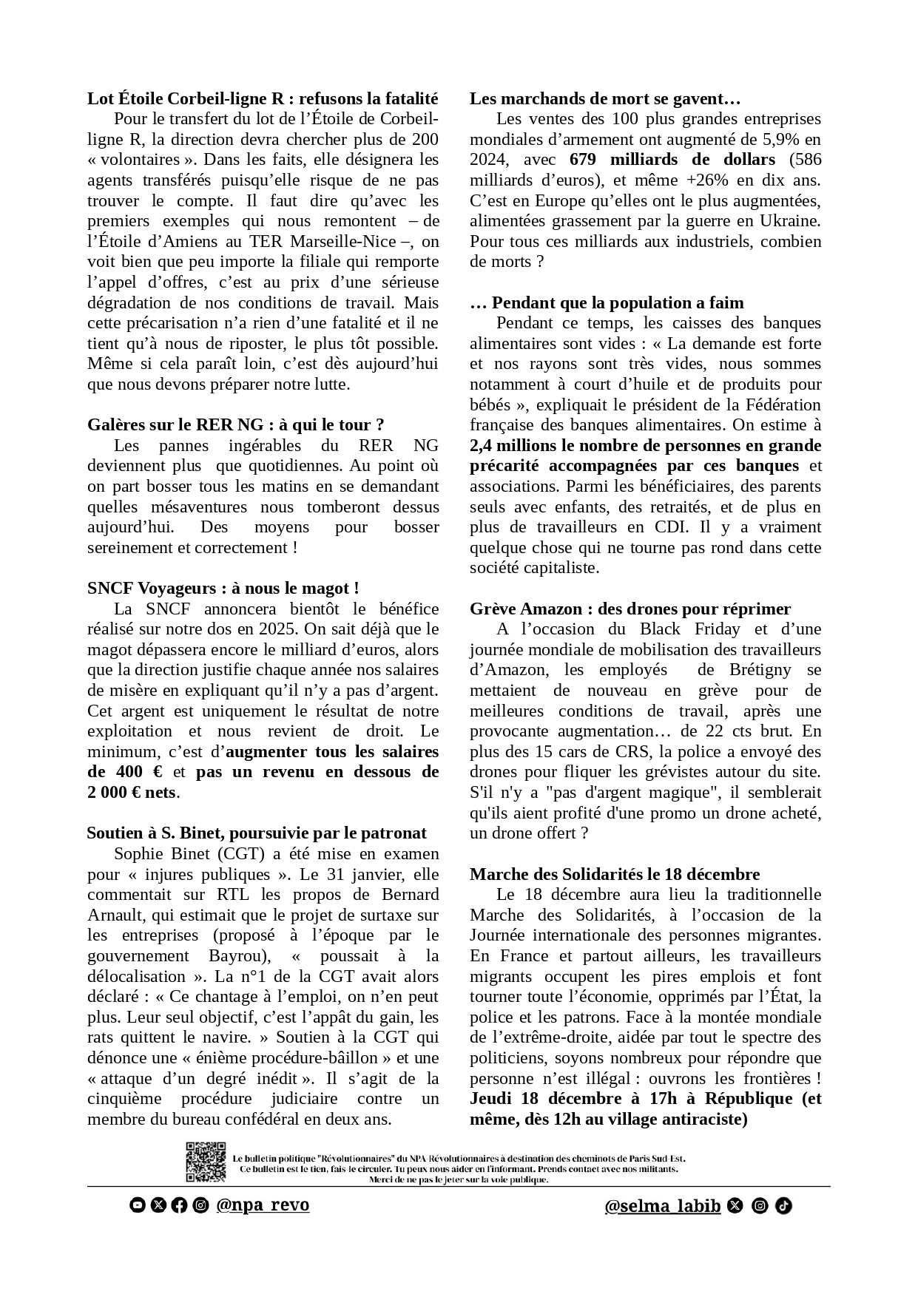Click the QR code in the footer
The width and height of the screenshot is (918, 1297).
tap(206, 1162)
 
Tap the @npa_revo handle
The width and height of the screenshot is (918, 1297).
tap(263, 1205)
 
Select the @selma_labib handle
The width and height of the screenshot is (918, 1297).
tap(663, 1206)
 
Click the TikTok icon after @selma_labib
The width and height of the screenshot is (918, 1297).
tap(784, 1206)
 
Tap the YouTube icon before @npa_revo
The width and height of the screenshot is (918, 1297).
tap(137, 1205)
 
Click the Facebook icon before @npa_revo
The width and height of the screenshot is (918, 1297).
tap(179, 1205)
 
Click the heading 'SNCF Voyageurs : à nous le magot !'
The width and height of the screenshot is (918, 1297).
tap(223, 589)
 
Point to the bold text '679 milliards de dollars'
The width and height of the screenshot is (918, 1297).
tap(672, 160)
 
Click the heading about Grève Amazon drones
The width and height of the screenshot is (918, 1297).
tap(630, 609)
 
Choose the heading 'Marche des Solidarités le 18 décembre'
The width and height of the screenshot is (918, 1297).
tap(615, 875)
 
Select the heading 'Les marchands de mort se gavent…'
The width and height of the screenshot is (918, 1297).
tap(605, 99)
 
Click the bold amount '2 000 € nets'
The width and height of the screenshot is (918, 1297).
tap(132, 793)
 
